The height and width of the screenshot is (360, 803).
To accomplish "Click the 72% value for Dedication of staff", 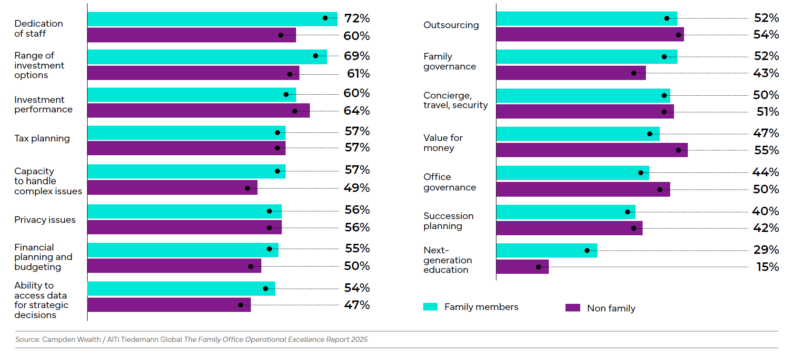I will point(357,19).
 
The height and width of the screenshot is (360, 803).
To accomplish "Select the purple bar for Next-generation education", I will point(522,267).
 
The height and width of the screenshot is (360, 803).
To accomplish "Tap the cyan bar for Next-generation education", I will point(546,250).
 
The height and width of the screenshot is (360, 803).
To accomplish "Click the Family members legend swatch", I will point(430,307).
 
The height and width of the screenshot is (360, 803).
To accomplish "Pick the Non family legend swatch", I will point(573,308).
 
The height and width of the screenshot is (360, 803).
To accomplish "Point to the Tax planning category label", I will point(42,139).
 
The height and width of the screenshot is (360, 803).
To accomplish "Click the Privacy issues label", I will point(45,220).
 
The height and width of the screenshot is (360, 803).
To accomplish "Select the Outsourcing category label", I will point(451,25).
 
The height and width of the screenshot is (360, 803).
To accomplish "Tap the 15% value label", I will point(767,267).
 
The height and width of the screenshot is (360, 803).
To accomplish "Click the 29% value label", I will point(766,250).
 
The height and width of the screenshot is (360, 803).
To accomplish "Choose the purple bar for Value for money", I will point(592,150).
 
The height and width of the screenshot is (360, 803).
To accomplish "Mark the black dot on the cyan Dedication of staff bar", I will point(325,18).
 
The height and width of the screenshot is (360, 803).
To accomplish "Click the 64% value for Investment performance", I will point(357,111).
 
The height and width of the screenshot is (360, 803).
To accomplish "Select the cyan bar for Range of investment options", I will point(207,57).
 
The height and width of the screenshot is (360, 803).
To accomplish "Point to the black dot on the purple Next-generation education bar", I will point(538,267).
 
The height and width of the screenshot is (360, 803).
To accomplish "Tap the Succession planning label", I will point(448,221).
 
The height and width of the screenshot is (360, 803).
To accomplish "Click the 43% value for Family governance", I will point(766,73).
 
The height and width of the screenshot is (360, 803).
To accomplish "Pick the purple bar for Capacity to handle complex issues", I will point(172,188).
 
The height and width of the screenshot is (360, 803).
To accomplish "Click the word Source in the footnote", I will point(27,340).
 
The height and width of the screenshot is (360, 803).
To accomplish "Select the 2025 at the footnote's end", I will point(359,340).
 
